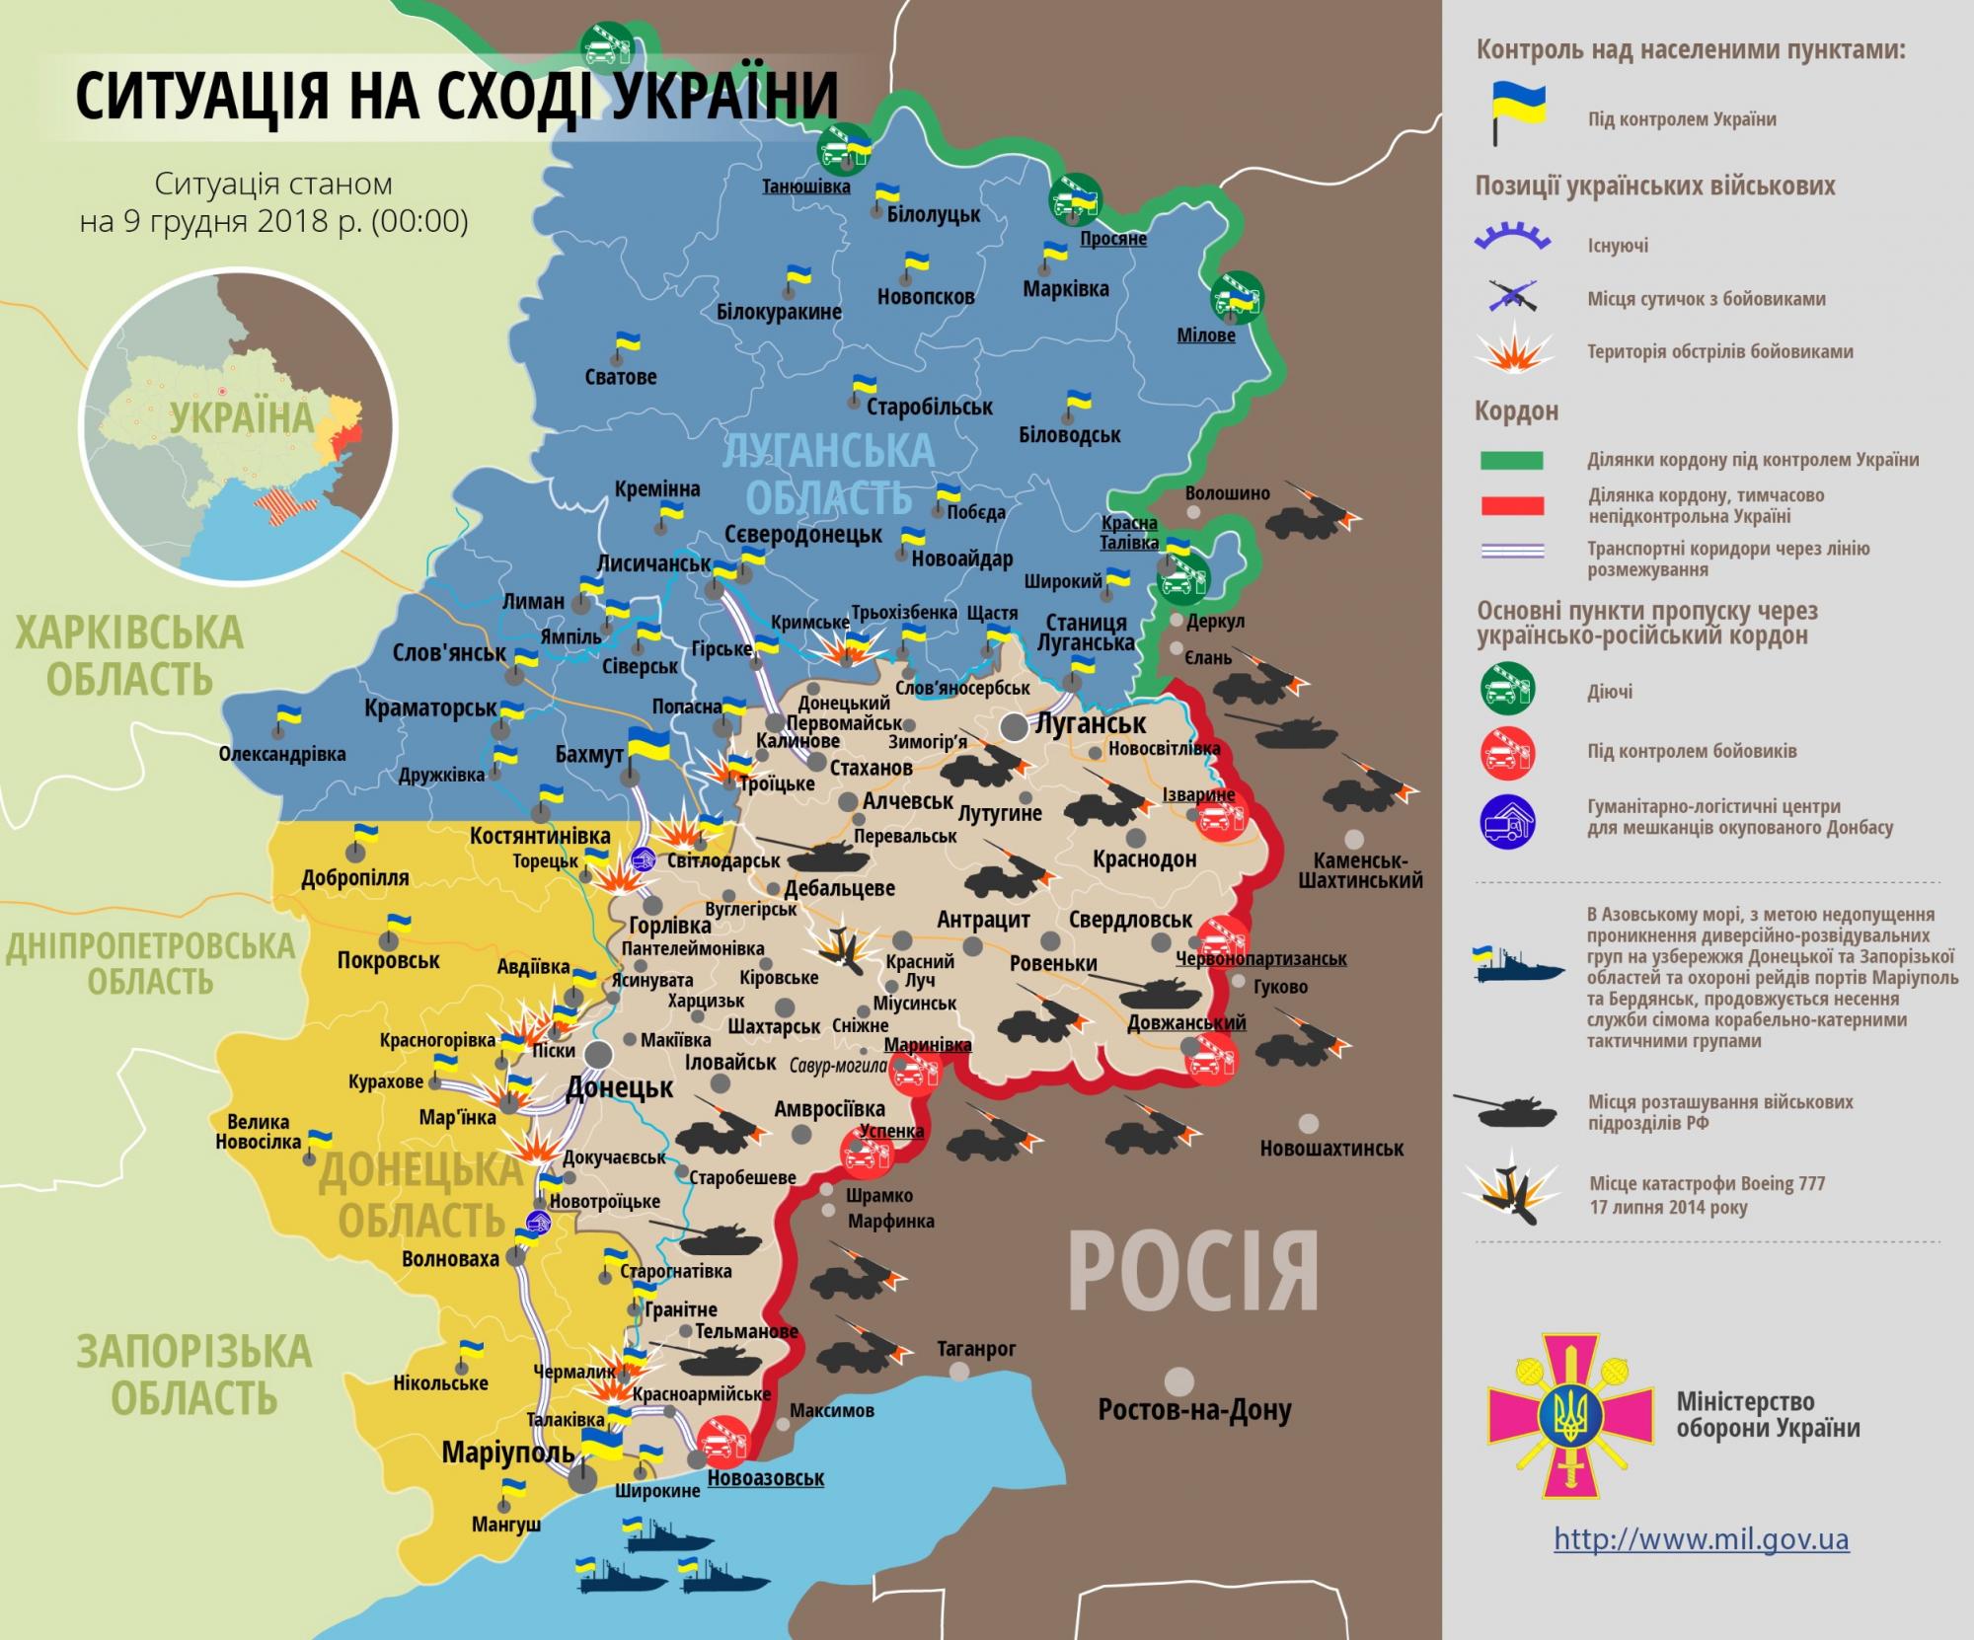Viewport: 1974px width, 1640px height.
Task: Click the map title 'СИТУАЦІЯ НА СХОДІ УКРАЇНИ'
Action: pos(456,96)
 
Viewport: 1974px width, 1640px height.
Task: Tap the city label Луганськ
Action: pos(1090,723)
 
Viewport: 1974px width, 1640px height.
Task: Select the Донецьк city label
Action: pos(619,1087)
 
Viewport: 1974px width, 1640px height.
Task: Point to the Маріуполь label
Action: pos(507,1452)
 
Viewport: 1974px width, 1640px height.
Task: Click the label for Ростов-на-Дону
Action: pos(1194,1410)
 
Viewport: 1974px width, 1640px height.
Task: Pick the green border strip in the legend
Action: pos(1511,460)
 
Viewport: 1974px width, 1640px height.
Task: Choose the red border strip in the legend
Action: pos(1511,506)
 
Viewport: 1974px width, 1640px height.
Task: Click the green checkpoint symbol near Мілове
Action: pos(1238,297)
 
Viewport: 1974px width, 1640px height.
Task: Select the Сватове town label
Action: pos(620,376)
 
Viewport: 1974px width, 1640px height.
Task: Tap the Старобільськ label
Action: pos(929,407)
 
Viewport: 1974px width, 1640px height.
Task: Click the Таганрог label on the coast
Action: pos(976,1348)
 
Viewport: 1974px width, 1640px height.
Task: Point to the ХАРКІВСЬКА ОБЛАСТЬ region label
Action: pos(129,655)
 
